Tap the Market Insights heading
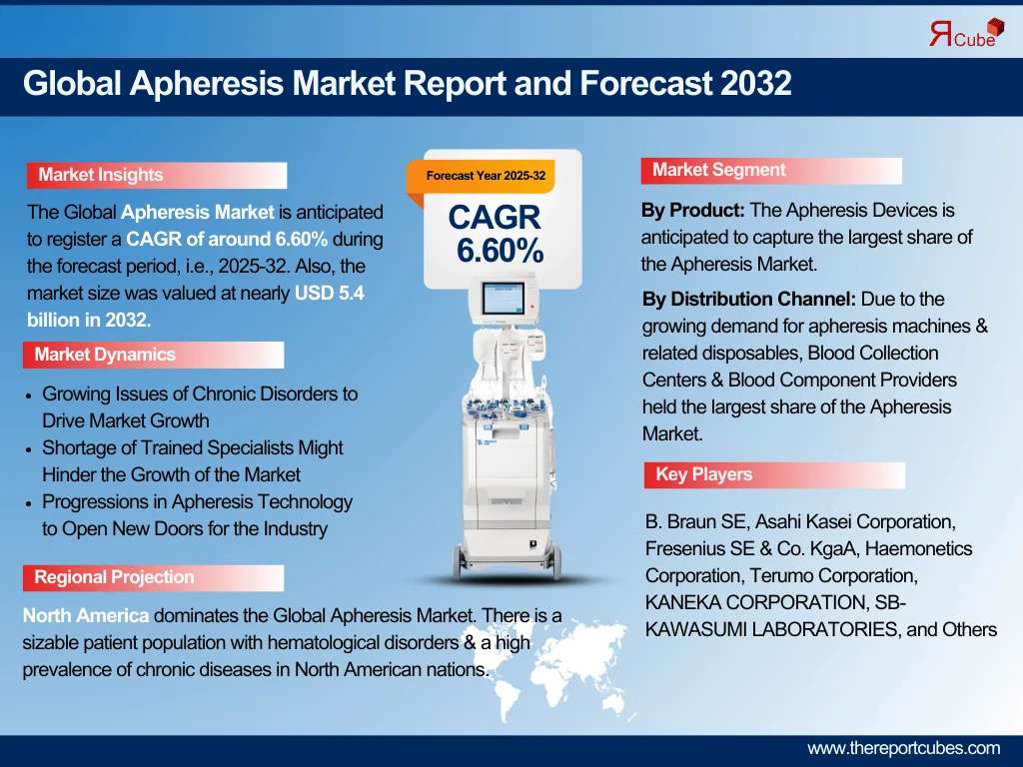[x=101, y=175]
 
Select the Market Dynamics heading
[x=105, y=355]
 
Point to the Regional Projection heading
[x=114, y=577]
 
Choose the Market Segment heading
[x=719, y=170]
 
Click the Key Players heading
[x=704, y=474]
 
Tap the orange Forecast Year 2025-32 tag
[x=481, y=176]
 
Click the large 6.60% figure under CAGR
[x=500, y=251]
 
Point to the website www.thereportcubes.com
[x=903, y=748]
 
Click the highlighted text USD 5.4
[x=330, y=293]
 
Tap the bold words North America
[x=86, y=615]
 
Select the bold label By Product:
[x=693, y=211]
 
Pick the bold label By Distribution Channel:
[x=749, y=300]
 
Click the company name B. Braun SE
[x=695, y=521]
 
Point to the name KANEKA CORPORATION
[x=756, y=602]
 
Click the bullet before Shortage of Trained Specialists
[x=28, y=450]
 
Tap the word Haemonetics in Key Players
[x=919, y=549]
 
